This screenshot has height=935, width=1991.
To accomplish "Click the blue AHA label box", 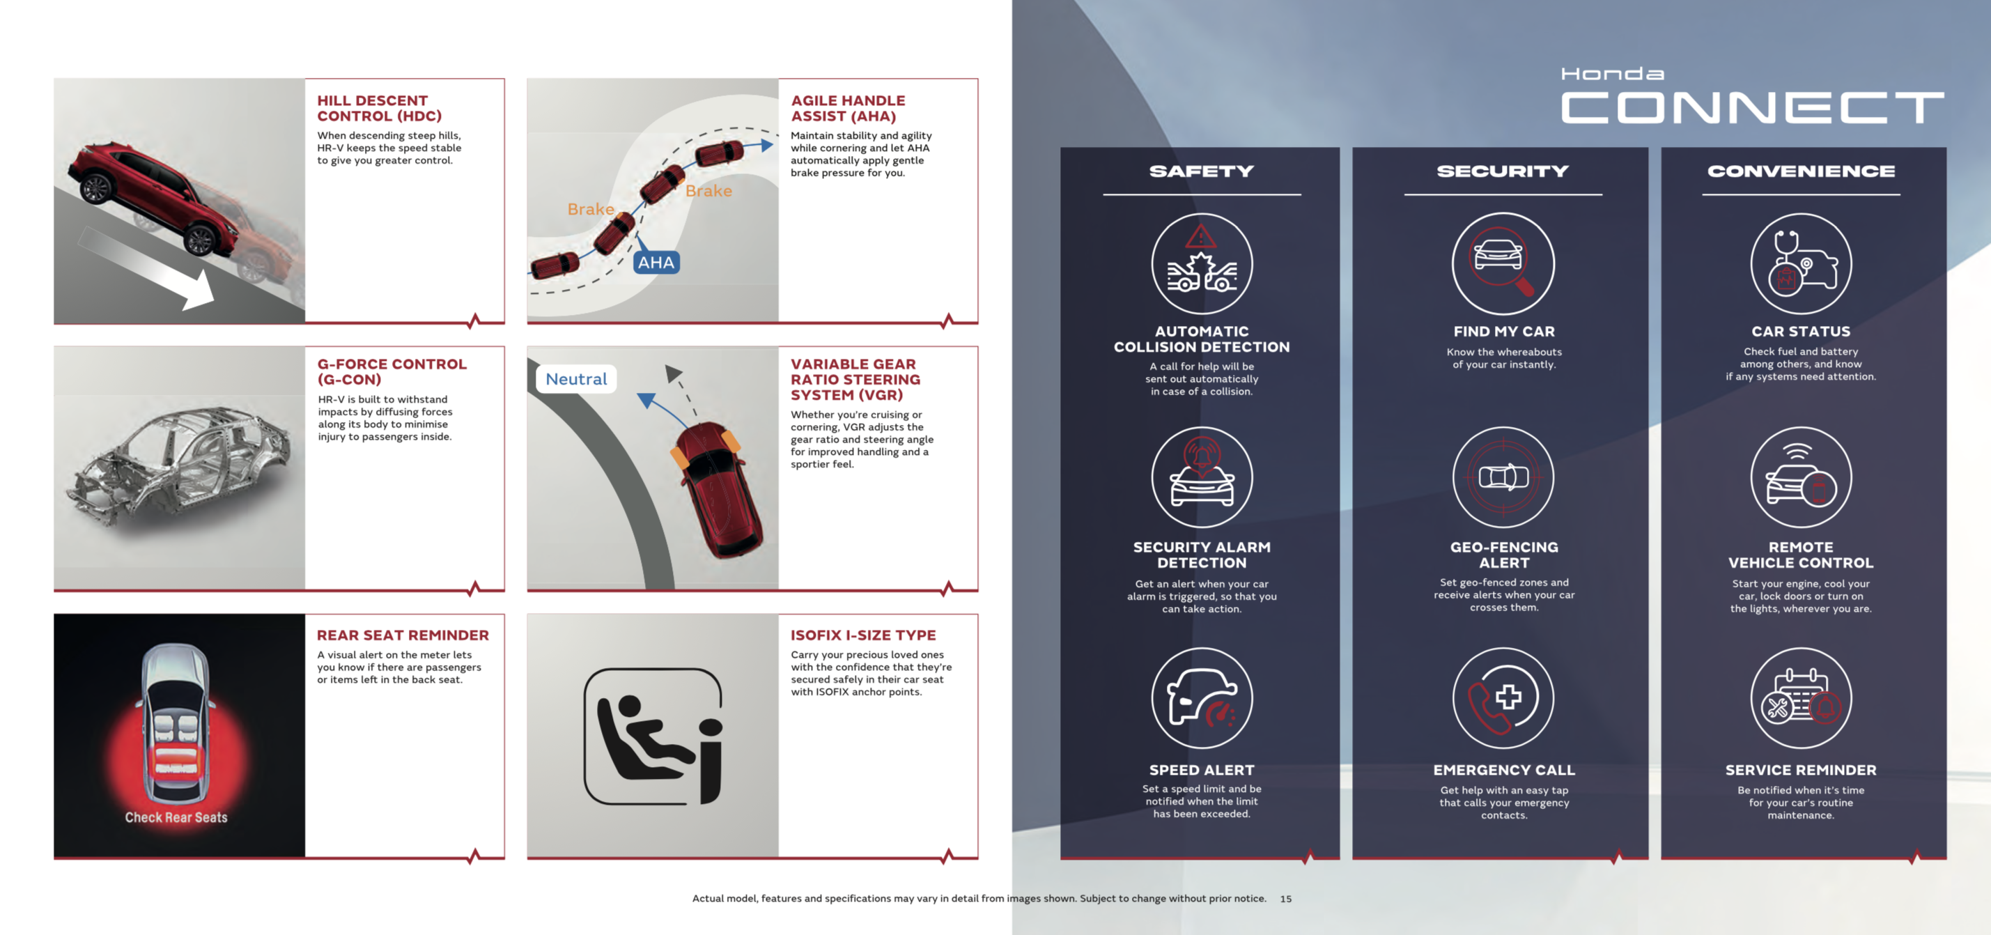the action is click(x=656, y=263).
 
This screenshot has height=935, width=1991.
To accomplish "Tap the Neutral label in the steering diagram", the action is click(x=576, y=378).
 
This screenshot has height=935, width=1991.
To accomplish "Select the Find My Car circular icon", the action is click(x=1503, y=263).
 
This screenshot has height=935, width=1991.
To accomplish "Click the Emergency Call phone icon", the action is click(x=1503, y=698).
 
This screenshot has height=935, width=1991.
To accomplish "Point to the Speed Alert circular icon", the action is click(x=1202, y=698).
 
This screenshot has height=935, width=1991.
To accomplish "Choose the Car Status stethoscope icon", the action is click(x=1801, y=263).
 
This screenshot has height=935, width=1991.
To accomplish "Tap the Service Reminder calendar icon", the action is click(x=1801, y=698).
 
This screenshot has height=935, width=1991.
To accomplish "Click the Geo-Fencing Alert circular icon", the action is click(x=1503, y=477).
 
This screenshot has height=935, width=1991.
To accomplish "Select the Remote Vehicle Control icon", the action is click(x=1801, y=477).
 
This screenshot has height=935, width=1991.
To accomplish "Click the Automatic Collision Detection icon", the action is click(x=1202, y=263).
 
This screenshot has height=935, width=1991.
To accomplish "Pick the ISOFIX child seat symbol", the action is click(x=653, y=736).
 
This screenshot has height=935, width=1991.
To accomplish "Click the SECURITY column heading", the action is click(x=1503, y=171).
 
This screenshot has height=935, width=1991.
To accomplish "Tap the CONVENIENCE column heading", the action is click(x=1801, y=171).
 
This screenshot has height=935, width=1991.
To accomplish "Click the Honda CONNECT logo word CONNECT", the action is click(x=1752, y=107).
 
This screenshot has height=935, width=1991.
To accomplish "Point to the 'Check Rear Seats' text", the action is click(x=176, y=817).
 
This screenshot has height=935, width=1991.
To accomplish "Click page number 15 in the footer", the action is click(x=1285, y=899).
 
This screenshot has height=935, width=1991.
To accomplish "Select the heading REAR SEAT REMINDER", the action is click(x=403, y=635).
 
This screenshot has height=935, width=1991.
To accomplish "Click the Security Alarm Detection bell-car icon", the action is click(x=1202, y=477).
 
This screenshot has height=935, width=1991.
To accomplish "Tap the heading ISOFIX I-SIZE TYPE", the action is click(x=863, y=635).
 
